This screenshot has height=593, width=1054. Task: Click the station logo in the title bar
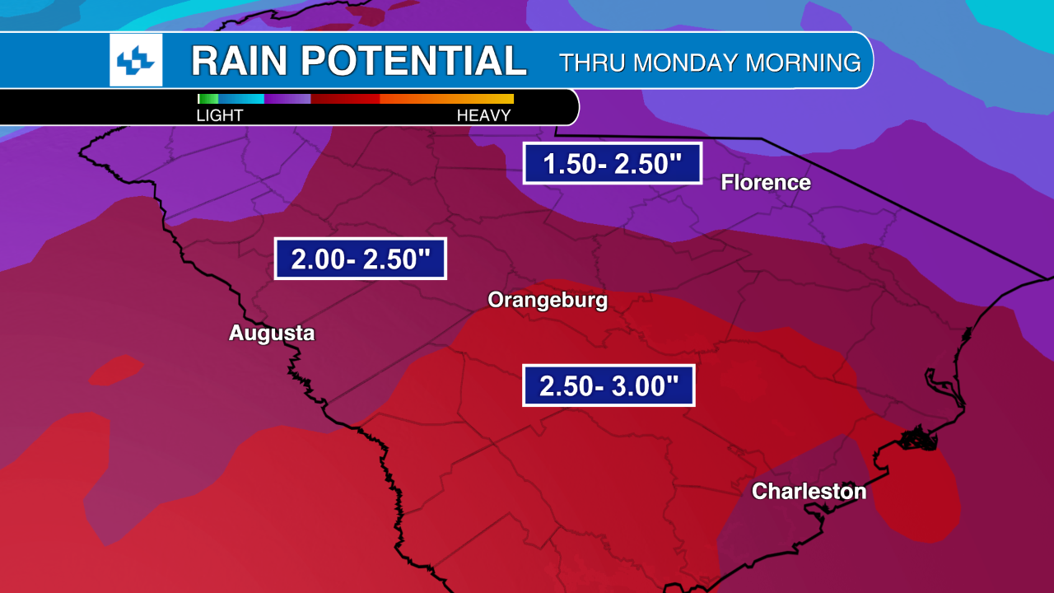coord(136,60)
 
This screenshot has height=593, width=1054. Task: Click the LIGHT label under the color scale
coord(220,115)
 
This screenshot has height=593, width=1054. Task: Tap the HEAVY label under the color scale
coord(484,115)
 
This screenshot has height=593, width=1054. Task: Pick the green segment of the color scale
coord(208,99)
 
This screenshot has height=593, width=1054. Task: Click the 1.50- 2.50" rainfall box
coord(612,163)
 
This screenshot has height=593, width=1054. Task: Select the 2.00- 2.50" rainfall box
coord(360,259)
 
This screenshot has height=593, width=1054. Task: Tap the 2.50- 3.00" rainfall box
coord(609,385)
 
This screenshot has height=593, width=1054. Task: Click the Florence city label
coord(766,183)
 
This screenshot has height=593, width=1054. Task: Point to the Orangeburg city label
coord(548,300)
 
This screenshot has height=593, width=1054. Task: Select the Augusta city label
coord(272,334)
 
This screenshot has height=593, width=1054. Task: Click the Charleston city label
coord(809,492)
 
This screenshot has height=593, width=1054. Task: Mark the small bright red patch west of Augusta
coord(116,371)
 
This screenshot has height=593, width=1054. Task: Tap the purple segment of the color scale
coord(288,99)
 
